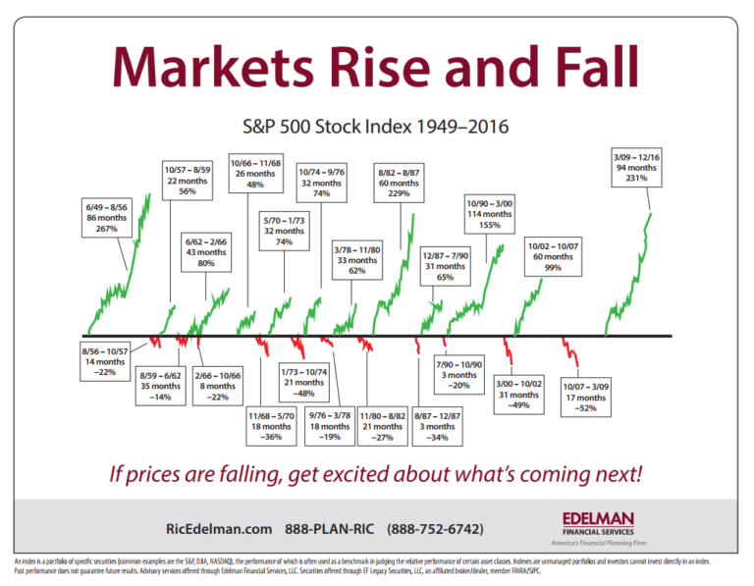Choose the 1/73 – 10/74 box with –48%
pos(304,382)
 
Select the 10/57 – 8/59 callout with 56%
pos(188,181)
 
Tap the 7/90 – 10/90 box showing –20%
pos(458,375)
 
